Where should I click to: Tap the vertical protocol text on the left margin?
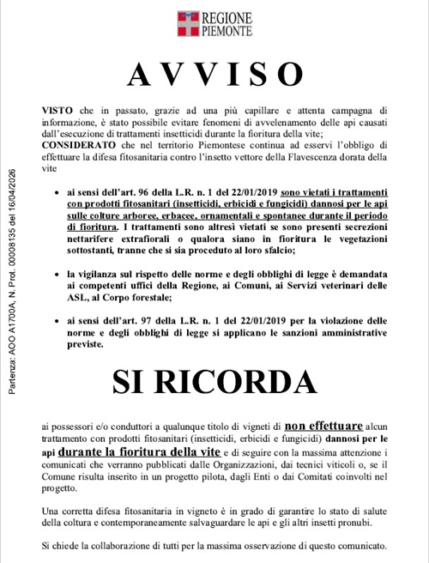tap(13, 279)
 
